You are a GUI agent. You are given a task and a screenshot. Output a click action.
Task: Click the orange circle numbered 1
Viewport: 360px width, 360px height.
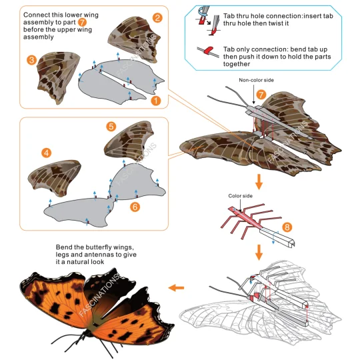coord(155,100)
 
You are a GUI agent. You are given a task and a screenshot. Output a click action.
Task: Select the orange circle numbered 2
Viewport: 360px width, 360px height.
coord(157,17)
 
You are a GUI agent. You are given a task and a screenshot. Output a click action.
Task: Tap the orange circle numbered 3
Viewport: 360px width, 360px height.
coord(31,60)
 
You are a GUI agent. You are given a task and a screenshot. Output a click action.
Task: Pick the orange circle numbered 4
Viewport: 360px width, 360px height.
coord(47,153)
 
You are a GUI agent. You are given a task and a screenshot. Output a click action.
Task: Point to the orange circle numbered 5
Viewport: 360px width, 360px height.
coord(111,126)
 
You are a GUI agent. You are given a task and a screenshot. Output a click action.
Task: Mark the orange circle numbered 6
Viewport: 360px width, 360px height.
coord(135,207)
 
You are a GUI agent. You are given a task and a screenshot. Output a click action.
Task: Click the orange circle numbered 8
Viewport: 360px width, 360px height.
coord(287,227)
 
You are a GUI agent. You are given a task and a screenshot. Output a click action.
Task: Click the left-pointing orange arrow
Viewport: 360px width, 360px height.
coord(176,287)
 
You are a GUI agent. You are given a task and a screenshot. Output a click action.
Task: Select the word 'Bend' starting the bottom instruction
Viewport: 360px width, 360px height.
coord(66,249)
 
